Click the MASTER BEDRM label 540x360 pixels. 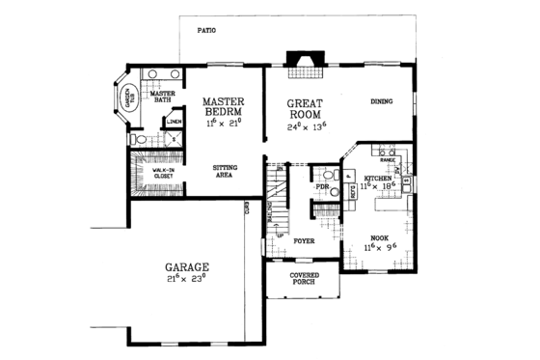(x=227, y=106)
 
